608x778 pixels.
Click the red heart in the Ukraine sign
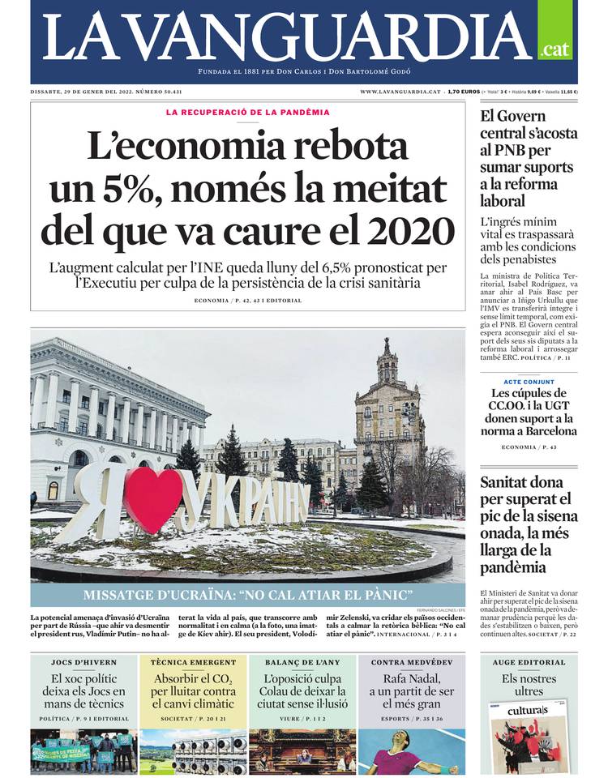click(155, 499)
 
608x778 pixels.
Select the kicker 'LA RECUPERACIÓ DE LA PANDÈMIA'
click(248, 112)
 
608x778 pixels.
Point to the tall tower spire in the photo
click(387, 357)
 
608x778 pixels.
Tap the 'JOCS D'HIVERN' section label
click(83, 662)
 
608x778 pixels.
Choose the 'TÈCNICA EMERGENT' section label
click(194, 662)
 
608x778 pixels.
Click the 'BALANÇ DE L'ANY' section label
click(302, 662)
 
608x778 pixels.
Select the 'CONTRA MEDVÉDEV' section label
click(411, 662)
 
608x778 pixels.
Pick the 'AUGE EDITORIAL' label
click(529, 662)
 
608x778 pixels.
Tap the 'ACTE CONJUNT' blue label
click(529, 382)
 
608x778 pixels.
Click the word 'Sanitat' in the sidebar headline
click(510, 481)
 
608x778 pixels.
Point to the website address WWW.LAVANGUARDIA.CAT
click(400, 92)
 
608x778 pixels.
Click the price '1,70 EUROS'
click(462, 92)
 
